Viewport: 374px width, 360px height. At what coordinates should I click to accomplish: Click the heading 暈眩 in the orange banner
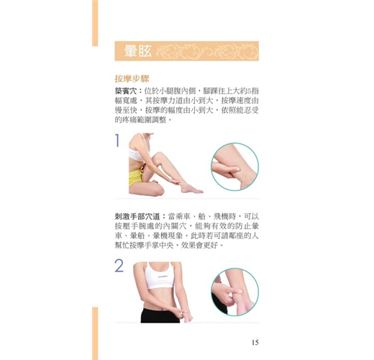pyautogui.click(x=138, y=51)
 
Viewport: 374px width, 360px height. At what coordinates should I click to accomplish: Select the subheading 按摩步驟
pyautogui.click(x=132, y=78)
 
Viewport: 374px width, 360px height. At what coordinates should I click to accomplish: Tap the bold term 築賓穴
pyautogui.click(x=126, y=91)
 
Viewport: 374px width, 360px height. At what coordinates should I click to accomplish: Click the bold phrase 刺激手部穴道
pyautogui.click(x=137, y=217)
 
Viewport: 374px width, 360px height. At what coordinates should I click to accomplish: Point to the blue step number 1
pyautogui.click(x=117, y=140)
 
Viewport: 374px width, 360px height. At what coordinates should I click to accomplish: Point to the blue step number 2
pyautogui.click(x=119, y=266)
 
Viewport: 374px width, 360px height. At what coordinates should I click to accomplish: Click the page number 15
pyautogui.click(x=255, y=343)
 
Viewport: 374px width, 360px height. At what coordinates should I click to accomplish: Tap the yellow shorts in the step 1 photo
pyautogui.click(x=136, y=177)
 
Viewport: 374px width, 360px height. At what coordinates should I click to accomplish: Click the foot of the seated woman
pyautogui.click(x=191, y=189)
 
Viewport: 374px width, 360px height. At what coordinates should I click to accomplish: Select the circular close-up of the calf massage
pyautogui.click(x=235, y=166)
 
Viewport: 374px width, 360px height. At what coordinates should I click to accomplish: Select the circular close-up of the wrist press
pyautogui.click(x=235, y=292)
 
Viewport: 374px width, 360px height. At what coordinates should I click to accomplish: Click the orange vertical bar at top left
pyautogui.click(x=95, y=23)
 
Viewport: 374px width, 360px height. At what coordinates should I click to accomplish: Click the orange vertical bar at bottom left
pyautogui.click(x=95, y=333)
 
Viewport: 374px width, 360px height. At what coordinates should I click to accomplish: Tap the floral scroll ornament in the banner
pyautogui.click(x=207, y=51)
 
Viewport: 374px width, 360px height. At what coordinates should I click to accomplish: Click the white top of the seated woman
pyautogui.click(x=137, y=153)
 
